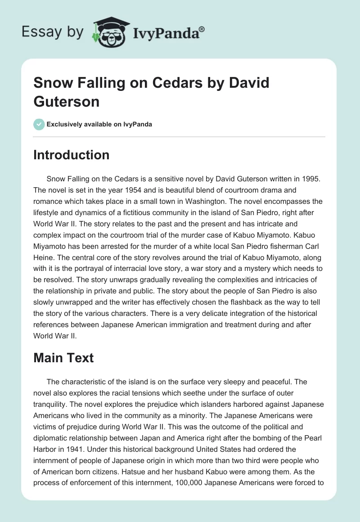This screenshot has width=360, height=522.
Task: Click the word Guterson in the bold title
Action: [x=66, y=101]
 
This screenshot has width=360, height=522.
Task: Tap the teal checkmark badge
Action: [x=39, y=124]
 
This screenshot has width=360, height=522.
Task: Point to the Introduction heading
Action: [x=71, y=155]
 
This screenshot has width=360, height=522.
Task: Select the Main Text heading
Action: [x=63, y=358]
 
